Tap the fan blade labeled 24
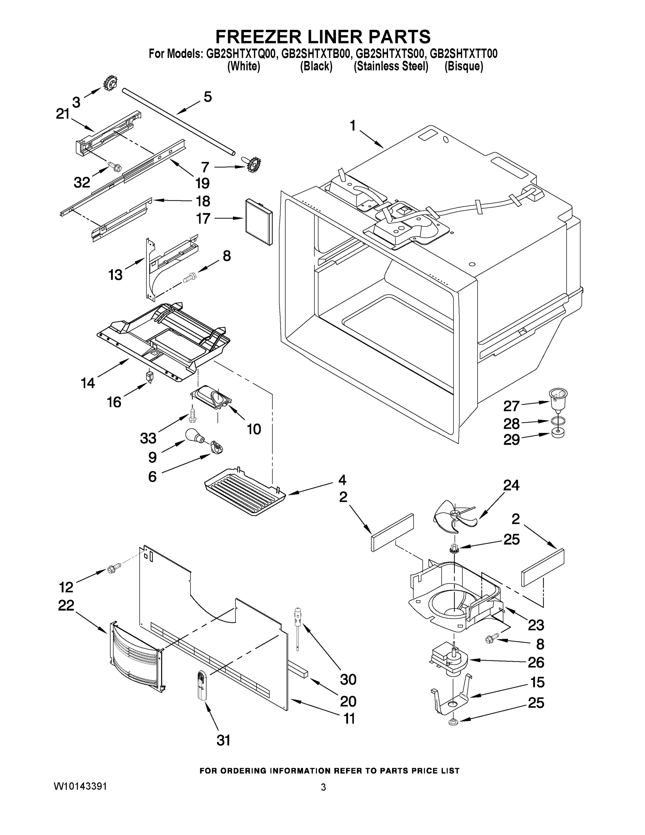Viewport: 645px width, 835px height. click(453, 517)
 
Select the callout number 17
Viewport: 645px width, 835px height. click(203, 219)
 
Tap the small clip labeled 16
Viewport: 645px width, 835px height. click(149, 376)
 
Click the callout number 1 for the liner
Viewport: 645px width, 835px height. click(353, 125)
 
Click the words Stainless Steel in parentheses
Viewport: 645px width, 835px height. click(391, 66)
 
